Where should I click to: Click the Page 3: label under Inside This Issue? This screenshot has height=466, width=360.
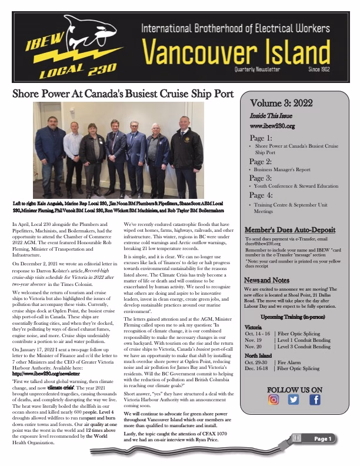(x=261, y=178)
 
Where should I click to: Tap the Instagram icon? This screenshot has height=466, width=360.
(x=274, y=400)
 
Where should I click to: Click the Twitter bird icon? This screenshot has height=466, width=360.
(x=294, y=400)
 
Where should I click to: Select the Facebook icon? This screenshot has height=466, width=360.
(x=315, y=400)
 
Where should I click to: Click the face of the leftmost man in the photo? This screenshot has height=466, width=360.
(x=50, y=124)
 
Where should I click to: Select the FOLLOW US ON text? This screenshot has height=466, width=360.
(x=294, y=390)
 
